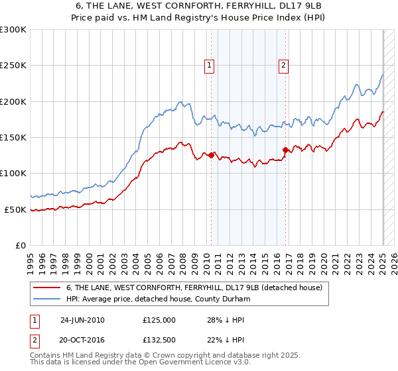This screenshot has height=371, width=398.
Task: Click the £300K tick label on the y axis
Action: [x=13, y=30]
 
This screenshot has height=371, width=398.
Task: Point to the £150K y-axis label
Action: [x=13, y=138]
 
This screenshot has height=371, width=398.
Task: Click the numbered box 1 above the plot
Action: [x=210, y=65]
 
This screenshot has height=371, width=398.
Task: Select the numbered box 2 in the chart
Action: [x=283, y=65]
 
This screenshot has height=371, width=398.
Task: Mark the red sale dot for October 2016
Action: [x=285, y=150]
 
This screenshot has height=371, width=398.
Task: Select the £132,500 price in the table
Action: [x=159, y=340]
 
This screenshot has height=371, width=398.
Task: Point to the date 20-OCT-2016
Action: [x=82, y=340]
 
